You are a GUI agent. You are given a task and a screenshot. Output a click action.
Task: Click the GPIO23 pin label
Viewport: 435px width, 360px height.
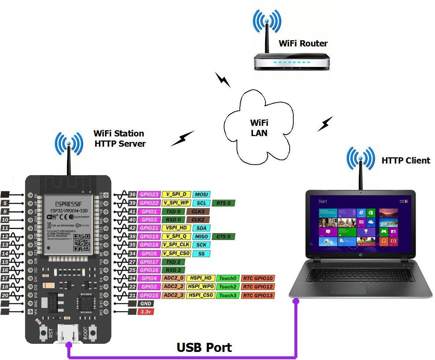click(x=149, y=195)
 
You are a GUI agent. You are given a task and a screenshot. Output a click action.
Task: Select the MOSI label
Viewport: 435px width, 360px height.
click(x=201, y=195)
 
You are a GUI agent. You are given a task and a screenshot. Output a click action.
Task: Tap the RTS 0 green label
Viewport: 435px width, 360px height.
click(x=223, y=203)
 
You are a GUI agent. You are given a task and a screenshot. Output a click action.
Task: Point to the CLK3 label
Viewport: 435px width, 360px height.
click(x=198, y=211)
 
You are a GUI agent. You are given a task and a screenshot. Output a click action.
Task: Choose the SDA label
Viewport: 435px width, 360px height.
click(x=201, y=228)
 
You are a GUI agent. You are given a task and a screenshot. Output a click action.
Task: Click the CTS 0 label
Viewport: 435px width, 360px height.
click(x=223, y=237)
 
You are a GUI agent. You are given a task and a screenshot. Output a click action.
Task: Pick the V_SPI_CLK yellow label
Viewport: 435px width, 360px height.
click(x=176, y=245)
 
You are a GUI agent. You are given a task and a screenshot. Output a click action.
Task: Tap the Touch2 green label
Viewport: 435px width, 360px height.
click(x=228, y=287)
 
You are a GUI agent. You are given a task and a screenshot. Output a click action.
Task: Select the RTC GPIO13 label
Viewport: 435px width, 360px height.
click(x=258, y=295)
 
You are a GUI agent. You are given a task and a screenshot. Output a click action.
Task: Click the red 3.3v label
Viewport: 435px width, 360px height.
click(x=145, y=312)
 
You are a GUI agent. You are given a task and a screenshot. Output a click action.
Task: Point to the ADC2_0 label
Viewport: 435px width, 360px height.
click(x=174, y=278)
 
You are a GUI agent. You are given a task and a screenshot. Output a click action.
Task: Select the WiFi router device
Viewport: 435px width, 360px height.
click(x=292, y=61)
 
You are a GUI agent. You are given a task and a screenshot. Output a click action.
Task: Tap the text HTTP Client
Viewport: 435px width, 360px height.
click(x=406, y=161)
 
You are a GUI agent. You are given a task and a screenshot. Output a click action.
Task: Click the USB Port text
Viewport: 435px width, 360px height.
click(x=204, y=347)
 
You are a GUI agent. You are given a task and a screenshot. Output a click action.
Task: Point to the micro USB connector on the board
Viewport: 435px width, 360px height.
click(x=68, y=333)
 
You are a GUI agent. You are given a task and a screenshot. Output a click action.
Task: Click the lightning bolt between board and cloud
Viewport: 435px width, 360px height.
click(x=183, y=138)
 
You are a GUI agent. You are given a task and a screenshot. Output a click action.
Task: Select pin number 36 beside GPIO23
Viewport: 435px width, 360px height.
click(x=132, y=195)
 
